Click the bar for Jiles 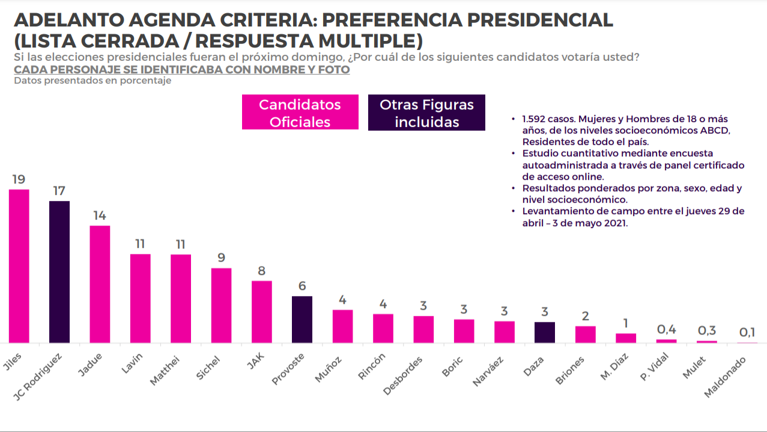click(x=19, y=266)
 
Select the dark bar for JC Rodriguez click(x=59, y=272)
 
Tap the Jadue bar click(x=100, y=284)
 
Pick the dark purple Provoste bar click(x=302, y=319)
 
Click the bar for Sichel click(x=221, y=306)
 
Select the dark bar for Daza click(x=545, y=332)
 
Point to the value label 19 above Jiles click(x=19, y=179)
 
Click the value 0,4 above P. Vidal click(x=666, y=329)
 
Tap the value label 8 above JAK click(x=262, y=271)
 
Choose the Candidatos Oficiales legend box click(x=300, y=112)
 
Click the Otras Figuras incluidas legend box click(x=426, y=113)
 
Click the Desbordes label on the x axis click(x=402, y=375)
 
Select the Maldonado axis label click(x=725, y=377)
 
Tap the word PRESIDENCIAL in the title click(x=540, y=20)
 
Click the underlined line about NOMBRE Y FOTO click(x=182, y=70)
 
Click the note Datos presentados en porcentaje click(x=92, y=81)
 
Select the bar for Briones click(x=585, y=334)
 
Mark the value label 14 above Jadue click(x=100, y=215)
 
